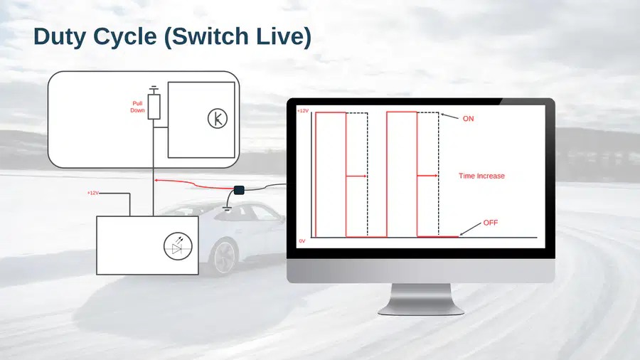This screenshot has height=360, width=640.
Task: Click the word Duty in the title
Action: [x=60, y=37]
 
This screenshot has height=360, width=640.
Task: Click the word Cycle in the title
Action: [x=125, y=37]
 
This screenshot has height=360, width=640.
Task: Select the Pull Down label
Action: [x=137, y=107]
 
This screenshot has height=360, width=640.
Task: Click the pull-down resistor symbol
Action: [x=154, y=107]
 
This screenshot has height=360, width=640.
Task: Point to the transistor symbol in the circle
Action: [x=218, y=119]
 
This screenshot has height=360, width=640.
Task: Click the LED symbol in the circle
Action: [x=178, y=247]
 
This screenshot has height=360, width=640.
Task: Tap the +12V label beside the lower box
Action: [x=93, y=193]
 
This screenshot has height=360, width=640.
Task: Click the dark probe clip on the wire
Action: [x=239, y=190]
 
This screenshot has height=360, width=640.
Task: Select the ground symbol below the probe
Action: [x=228, y=209]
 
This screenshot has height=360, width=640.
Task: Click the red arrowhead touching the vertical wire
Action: [x=156, y=180]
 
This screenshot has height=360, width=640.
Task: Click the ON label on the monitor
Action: [x=468, y=119]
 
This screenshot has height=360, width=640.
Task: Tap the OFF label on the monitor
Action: [x=491, y=223]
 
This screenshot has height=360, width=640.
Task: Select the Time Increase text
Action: [x=481, y=176]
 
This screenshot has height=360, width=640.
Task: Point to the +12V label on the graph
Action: [x=303, y=111]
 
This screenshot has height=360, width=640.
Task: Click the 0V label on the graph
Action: [x=302, y=241]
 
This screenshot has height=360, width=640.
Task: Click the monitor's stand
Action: [x=421, y=300]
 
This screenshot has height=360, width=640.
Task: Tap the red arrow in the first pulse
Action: [x=356, y=176]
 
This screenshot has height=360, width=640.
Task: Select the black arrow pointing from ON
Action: [x=449, y=117]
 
